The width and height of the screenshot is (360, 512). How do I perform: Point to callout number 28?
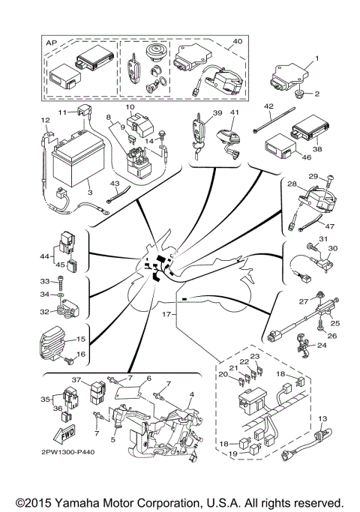tap(292, 184)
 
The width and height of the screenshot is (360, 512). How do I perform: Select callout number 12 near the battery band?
tap(45, 120)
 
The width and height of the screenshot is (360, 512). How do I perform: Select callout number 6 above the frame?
tap(148, 379)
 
